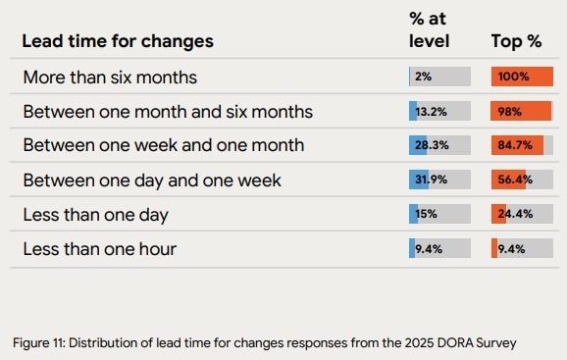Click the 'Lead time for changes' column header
(118, 41)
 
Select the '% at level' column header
(429, 29)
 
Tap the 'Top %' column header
(517, 41)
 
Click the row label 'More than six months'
(110, 77)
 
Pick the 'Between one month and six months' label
(168, 111)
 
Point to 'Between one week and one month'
(163, 145)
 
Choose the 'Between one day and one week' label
(152, 180)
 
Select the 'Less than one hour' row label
(99, 248)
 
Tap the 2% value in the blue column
(423, 77)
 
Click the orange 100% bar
(522, 77)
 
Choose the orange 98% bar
(521, 111)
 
